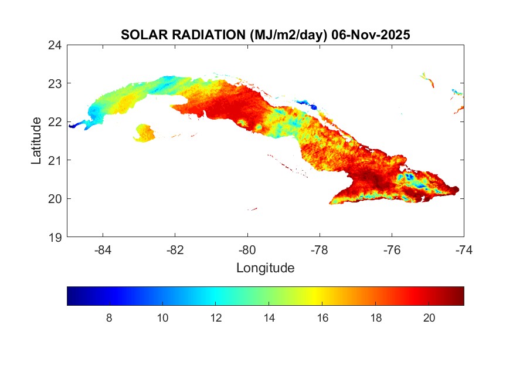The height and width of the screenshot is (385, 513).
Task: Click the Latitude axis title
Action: tap(36, 141)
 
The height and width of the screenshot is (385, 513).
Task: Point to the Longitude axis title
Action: tap(265, 268)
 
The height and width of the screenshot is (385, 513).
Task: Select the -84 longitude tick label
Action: tap(103, 250)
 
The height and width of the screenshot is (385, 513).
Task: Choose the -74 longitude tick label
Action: tap(464, 250)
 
